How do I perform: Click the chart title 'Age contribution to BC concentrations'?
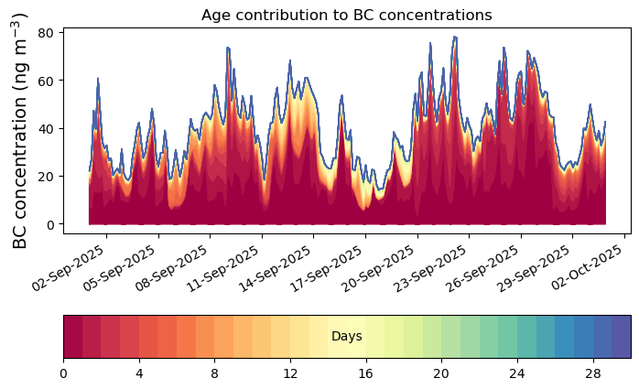[x=346, y=15]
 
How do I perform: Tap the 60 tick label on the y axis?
[x=45, y=81]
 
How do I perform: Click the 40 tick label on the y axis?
[x=45, y=129]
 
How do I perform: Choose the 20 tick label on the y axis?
[x=45, y=177]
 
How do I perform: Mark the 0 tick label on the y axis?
[x=49, y=224]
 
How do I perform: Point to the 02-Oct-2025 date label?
[x=587, y=266]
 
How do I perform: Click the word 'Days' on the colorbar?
[x=347, y=337]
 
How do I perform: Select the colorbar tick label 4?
[x=139, y=373]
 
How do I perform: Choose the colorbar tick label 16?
[x=365, y=373]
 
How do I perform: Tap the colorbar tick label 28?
[x=593, y=373]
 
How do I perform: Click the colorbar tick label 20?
[x=441, y=373]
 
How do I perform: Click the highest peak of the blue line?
[x=455, y=37]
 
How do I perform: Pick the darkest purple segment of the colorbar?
[x=622, y=337]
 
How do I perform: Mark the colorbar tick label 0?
[x=63, y=373]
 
